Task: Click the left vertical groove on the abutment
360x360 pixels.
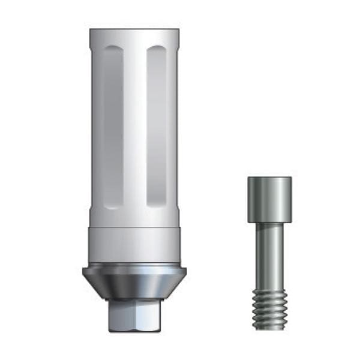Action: click(x=113, y=126)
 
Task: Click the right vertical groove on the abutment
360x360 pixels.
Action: click(x=157, y=126)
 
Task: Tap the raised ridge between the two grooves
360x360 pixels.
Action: click(x=135, y=126)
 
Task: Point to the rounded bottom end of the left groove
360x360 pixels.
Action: click(x=113, y=204)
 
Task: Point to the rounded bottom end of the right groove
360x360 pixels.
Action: click(x=157, y=204)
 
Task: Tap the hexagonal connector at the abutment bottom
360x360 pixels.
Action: click(x=133, y=315)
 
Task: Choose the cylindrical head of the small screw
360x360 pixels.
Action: click(x=269, y=198)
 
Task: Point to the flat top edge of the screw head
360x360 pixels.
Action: click(x=269, y=178)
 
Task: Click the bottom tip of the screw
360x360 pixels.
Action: click(x=269, y=328)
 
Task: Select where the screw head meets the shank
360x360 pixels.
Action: click(x=269, y=222)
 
